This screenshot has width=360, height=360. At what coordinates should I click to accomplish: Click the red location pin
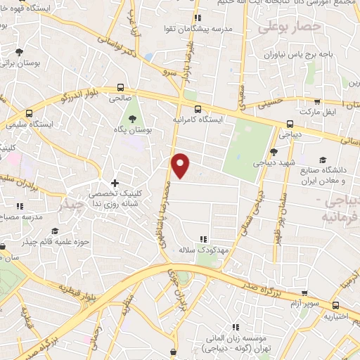click(x=181, y=165)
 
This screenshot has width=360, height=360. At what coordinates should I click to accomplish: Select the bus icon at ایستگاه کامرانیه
click(x=198, y=109)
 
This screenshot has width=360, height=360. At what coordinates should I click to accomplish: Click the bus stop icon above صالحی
click(x=121, y=88)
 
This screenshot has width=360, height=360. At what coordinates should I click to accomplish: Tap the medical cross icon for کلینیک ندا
click(x=115, y=184)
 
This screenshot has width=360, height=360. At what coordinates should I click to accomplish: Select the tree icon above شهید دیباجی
click(x=274, y=152)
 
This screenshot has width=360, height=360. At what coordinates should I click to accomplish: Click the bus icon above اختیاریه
click(x=335, y=304)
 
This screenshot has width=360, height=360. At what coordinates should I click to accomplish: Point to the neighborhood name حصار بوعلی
click(x=289, y=27)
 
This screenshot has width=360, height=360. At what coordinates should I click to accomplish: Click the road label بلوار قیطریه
click(x=75, y=290)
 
